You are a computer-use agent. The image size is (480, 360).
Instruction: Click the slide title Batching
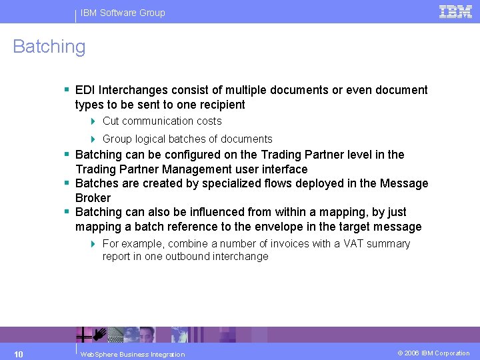[49, 47]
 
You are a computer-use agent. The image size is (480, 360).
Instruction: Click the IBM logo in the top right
[455, 11]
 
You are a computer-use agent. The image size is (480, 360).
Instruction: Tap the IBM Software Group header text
[123, 13]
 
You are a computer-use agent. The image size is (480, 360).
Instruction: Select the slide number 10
[19, 353]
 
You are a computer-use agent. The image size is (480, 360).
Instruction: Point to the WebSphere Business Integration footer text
[132, 354]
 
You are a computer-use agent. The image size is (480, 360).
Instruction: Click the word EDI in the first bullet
[86, 90]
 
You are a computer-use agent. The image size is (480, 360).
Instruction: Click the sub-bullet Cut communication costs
[162, 121]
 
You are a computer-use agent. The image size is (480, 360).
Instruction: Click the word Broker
[93, 198]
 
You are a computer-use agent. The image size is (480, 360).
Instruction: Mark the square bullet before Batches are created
[67, 183]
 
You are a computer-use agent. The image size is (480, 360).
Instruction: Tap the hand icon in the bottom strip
[100, 333]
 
